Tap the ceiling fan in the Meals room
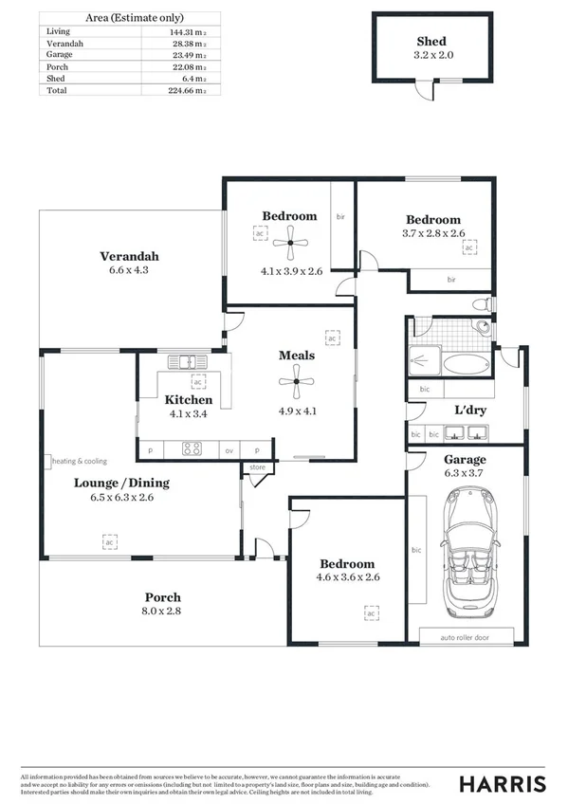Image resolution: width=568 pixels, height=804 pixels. point(297,384)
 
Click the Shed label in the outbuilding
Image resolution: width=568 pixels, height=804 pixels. point(431,42)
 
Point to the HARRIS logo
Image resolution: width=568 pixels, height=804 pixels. point(503,783)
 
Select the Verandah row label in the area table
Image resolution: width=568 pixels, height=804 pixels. point(64,44)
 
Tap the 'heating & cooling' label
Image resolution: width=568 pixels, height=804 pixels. point(80,461)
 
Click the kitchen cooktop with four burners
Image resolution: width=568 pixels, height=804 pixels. point(192,449)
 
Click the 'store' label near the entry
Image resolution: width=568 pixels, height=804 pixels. point(257,467)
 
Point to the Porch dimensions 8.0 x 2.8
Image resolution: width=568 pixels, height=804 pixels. point(162,612)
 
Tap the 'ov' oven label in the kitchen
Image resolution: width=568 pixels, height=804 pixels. point(229,450)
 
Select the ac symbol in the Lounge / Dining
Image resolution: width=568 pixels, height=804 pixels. point(110,541)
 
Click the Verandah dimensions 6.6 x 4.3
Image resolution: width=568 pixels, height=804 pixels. point(129,270)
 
